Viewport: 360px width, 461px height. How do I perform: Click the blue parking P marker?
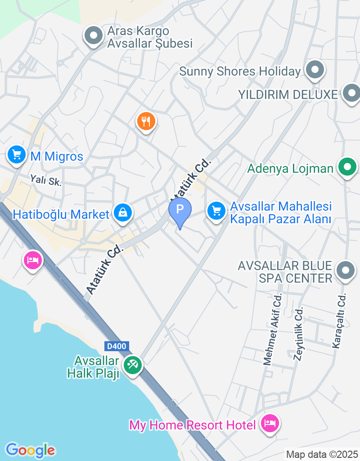[x=180, y=209]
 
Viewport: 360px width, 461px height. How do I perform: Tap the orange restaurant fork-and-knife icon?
[x=146, y=121]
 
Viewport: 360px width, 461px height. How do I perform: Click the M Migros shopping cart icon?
[x=17, y=155]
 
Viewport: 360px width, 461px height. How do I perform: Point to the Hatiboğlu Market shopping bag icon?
[x=122, y=212]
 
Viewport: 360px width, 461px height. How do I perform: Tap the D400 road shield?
[x=117, y=346]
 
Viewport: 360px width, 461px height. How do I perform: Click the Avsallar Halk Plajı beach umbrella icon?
[x=132, y=365]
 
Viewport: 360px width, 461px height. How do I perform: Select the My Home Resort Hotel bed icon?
[x=270, y=424]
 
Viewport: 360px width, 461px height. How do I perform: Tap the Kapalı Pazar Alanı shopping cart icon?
[x=216, y=210]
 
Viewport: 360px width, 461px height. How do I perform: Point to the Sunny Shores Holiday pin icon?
[x=315, y=70]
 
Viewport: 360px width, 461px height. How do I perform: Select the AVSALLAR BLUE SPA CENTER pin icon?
[x=346, y=271]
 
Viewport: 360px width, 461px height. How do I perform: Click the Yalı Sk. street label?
[x=46, y=181]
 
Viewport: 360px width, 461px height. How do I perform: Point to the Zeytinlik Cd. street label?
[x=298, y=334]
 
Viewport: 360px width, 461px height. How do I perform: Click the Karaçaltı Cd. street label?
[x=339, y=321]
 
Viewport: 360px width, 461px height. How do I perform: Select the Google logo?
[x=30, y=450]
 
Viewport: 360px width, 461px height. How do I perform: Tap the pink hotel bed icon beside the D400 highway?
[x=33, y=260]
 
